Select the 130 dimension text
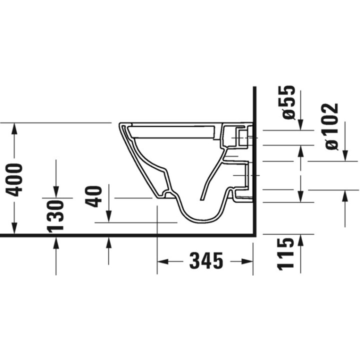pyautogui.click(x=56, y=215)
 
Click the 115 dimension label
pyautogui.click(x=285, y=253)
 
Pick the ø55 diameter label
pyautogui.click(x=288, y=103)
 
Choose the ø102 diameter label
pyautogui.click(x=331, y=126)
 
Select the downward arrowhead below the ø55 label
pyautogui.click(x=300, y=124)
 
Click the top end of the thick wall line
pyautogui.click(x=255, y=87)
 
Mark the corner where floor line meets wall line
pyautogui.click(x=255, y=235)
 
